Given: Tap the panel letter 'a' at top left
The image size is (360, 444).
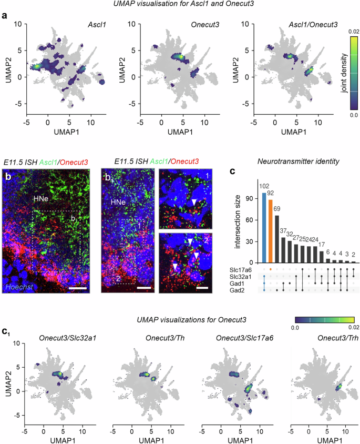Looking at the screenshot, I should [x=5, y=16].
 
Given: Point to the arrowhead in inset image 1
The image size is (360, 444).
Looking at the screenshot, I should [x=194, y=203].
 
